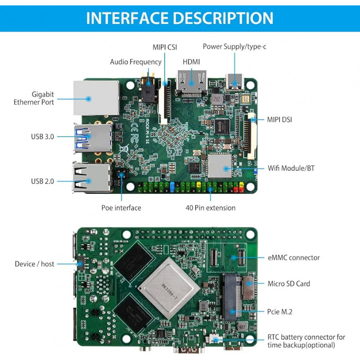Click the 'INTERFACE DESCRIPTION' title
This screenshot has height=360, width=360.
pyautogui.click(x=180, y=18)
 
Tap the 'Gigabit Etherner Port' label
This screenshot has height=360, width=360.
pyautogui.click(x=43, y=98)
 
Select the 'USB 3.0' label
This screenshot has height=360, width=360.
pyautogui.click(x=42, y=136)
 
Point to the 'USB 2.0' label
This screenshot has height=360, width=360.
pyautogui.click(x=42, y=181)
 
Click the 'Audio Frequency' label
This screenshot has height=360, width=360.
pyautogui.click(x=135, y=62)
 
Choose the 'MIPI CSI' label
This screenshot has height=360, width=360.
pyautogui.click(x=164, y=46)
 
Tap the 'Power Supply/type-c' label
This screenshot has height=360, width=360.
pyautogui.click(x=234, y=46)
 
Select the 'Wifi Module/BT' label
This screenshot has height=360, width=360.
pyautogui.click(x=291, y=168)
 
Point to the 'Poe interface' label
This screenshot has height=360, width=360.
pyautogui.click(x=121, y=207)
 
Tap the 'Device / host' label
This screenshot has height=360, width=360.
pyautogui.click(x=34, y=264)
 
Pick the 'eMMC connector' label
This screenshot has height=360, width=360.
pyautogui.click(x=293, y=257)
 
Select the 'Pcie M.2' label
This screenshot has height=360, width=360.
pyautogui.click(x=280, y=311)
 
